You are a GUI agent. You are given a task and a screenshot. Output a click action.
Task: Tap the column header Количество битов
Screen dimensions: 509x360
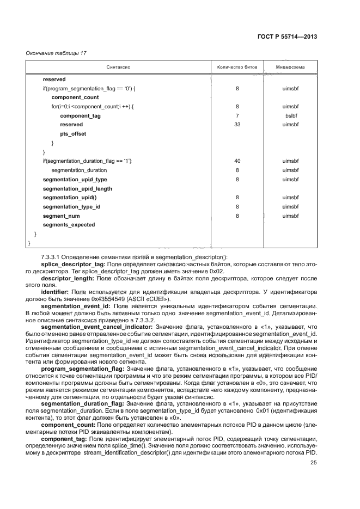click(237, 68)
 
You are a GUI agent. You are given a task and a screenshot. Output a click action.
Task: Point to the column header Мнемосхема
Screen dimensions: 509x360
click(290, 68)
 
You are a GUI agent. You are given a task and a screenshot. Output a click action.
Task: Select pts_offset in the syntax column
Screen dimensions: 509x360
click(72, 133)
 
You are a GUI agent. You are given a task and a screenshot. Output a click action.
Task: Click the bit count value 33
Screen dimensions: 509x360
click(237, 125)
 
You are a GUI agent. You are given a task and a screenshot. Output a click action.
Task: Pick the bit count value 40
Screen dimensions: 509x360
click(237, 161)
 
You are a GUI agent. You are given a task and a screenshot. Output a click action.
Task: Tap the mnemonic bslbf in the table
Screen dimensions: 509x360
click(290, 115)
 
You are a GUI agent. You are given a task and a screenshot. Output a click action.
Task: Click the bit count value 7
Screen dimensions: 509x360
click(237, 115)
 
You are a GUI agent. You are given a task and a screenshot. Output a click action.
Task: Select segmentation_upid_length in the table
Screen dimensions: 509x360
click(77, 188)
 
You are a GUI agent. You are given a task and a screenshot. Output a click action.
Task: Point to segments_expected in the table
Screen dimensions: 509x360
click(69, 225)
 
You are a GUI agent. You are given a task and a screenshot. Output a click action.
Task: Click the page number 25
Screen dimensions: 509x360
click(314, 463)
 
